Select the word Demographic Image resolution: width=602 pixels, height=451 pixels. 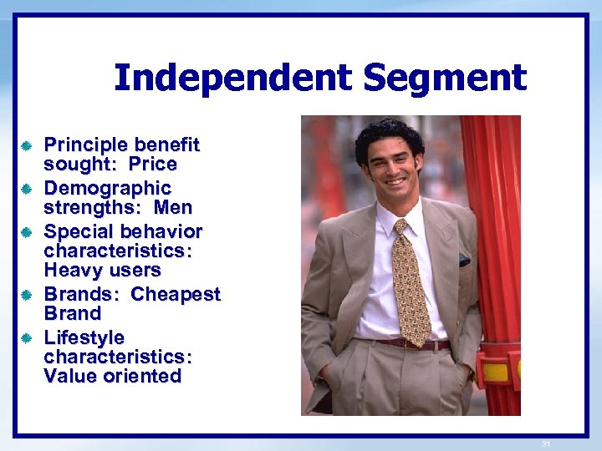tap(106, 189)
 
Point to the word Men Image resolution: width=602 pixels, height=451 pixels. tap(173, 207)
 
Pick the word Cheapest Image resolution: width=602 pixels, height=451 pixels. tap(176, 294)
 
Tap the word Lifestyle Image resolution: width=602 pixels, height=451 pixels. tap(84, 337)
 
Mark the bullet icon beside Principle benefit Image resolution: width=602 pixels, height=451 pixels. tap(27, 146)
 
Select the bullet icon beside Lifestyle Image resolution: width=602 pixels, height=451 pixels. tap(27, 338)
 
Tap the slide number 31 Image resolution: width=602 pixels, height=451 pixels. tap(547, 443)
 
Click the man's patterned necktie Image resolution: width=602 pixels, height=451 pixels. tap(411, 284)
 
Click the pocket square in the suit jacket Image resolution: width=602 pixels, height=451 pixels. tap(464, 261)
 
